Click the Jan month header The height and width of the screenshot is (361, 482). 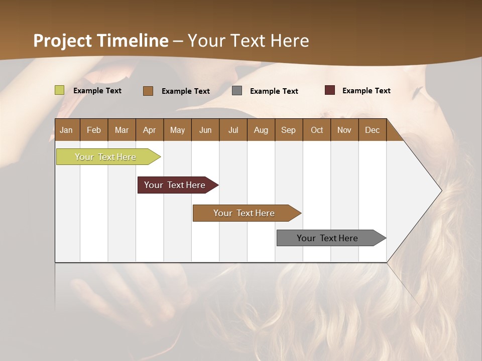pyautogui.click(x=67, y=130)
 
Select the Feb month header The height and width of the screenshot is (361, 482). pyautogui.click(x=94, y=130)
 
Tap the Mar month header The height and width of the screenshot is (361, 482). pyautogui.click(x=122, y=130)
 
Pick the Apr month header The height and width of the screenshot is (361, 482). pyautogui.click(x=150, y=130)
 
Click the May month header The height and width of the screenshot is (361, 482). pyautogui.click(x=177, y=130)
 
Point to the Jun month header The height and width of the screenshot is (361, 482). pyautogui.click(x=205, y=130)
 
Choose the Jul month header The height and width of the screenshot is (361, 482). pyautogui.click(x=233, y=130)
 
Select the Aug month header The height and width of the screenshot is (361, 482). pyautogui.click(x=261, y=130)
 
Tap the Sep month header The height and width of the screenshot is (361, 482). pyautogui.click(x=289, y=130)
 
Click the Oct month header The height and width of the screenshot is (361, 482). pyautogui.click(x=317, y=130)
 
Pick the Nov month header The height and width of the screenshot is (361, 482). pyautogui.click(x=344, y=130)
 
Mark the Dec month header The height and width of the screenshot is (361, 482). pyautogui.click(x=373, y=130)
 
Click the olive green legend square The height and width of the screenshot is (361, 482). pyautogui.click(x=59, y=90)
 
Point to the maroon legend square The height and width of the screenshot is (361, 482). pyautogui.click(x=329, y=90)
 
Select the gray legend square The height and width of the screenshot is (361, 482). pyautogui.click(x=237, y=91)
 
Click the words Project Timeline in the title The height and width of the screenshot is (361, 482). pyautogui.click(x=101, y=41)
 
